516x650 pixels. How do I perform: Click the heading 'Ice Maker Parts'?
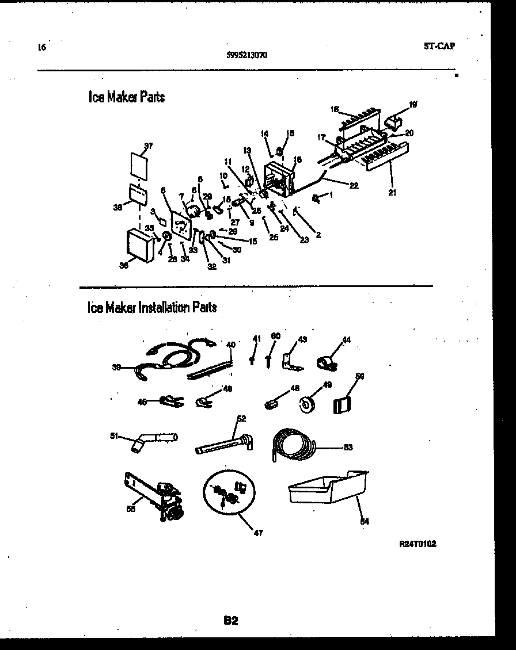(127, 97)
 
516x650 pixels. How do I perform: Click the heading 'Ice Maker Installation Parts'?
(152, 307)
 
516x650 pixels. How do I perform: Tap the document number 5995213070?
(246, 56)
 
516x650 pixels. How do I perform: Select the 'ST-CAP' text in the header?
(439, 46)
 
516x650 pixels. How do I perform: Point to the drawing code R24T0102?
(417, 544)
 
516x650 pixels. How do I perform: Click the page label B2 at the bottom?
(231, 621)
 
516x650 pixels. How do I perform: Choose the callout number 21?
(392, 193)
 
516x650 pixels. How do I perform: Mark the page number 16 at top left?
(41, 47)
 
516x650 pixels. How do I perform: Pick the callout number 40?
(231, 345)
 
